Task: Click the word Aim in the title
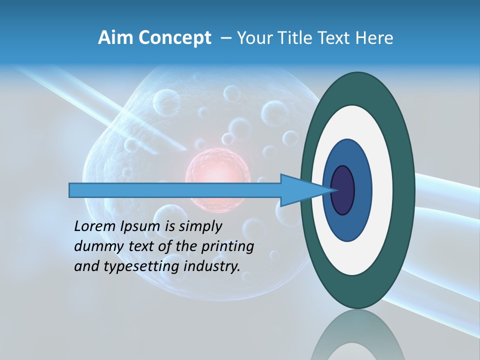(x=115, y=38)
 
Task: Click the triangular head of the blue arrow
(x=300, y=190)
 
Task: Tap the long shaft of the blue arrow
(x=175, y=190)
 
